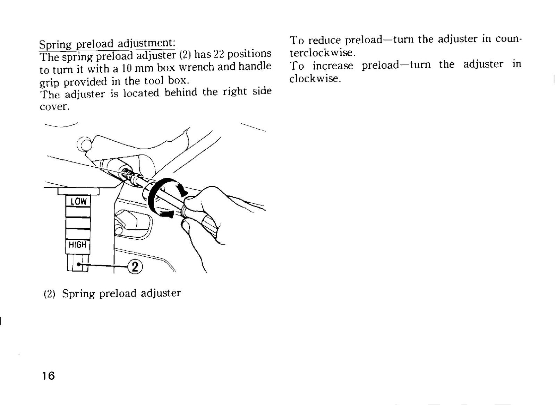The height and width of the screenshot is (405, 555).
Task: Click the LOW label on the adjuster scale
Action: click(x=78, y=201)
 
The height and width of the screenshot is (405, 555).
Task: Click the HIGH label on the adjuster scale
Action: click(x=78, y=245)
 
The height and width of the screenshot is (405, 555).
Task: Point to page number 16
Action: click(x=48, y=376)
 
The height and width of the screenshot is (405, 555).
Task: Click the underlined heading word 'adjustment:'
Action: click(x=146, y=43)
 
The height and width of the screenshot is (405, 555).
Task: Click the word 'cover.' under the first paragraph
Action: click(x=54, y=107)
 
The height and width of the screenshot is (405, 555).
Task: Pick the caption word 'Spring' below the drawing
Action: click(x=78, y=294)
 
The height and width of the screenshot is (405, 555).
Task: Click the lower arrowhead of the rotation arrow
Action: click(x=166, y=214)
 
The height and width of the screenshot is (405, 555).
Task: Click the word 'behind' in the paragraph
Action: click(x=181, y=93)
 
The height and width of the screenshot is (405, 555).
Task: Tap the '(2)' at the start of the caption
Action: click(x=49, y=294)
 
